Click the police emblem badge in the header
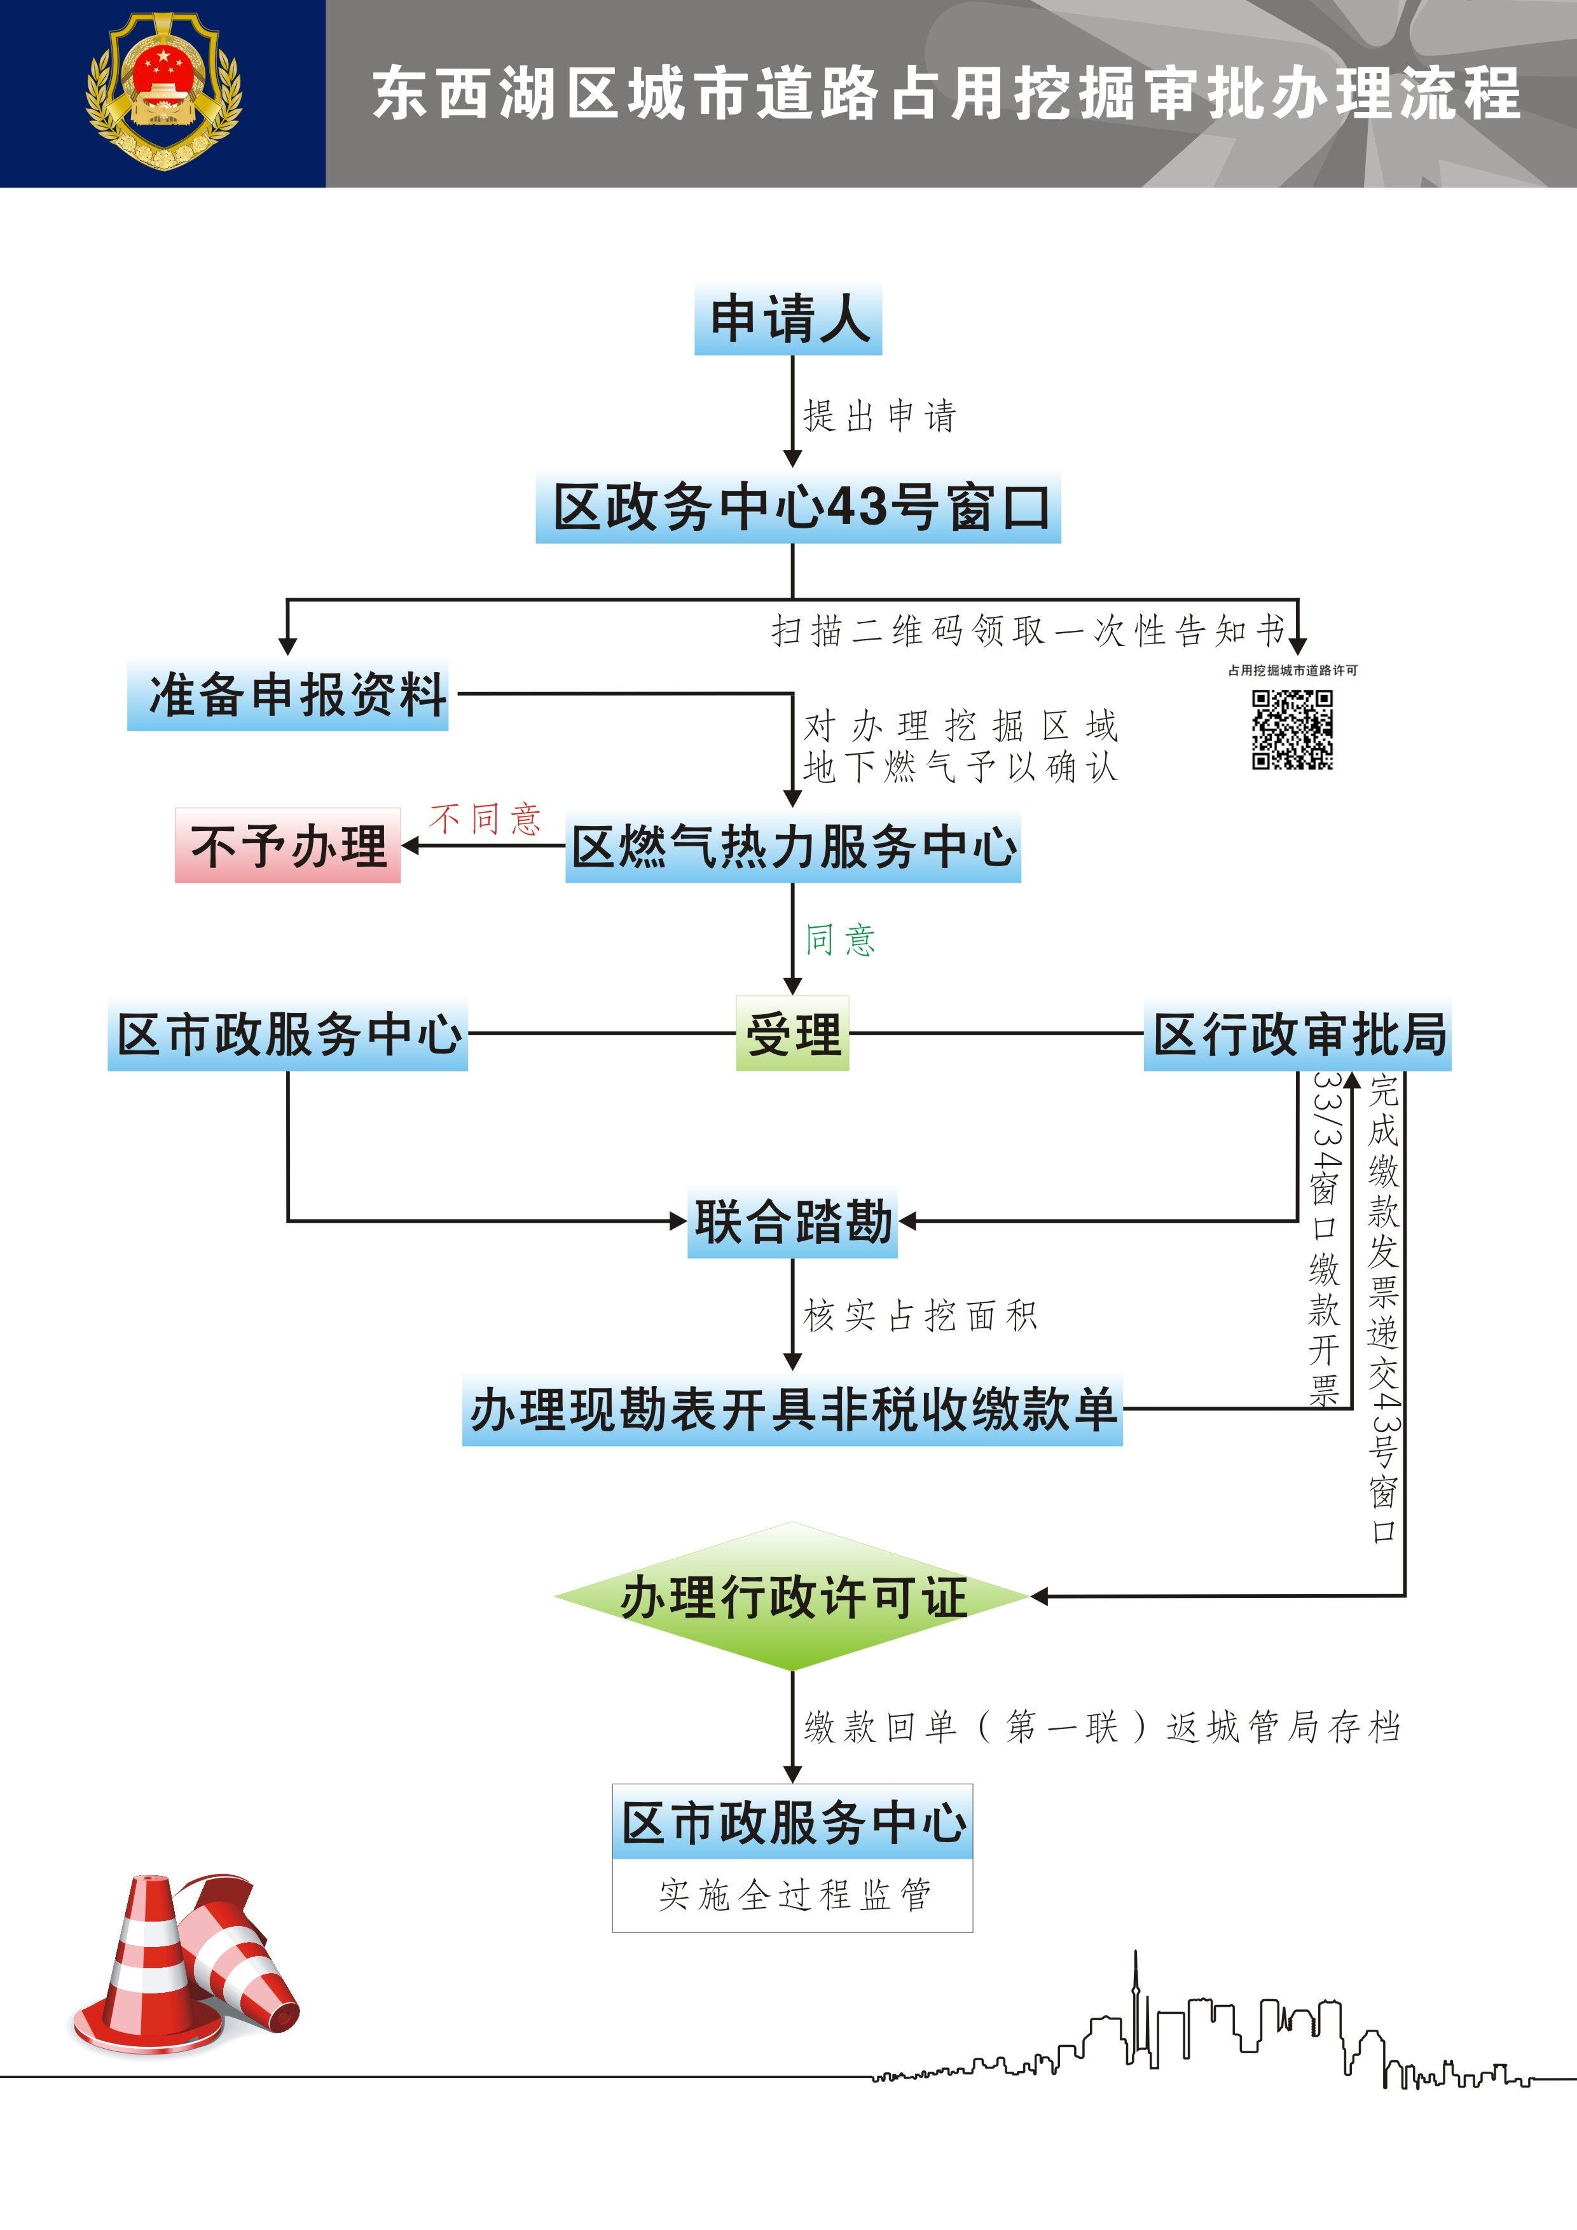click(163, 92)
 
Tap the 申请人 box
click(787, 320)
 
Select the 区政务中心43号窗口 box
click(797, 508)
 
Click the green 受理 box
click(792, 1033)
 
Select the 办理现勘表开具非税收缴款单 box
click(792, 1410)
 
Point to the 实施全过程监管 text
click(792, 1895)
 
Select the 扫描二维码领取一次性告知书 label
click(1028, 631)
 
